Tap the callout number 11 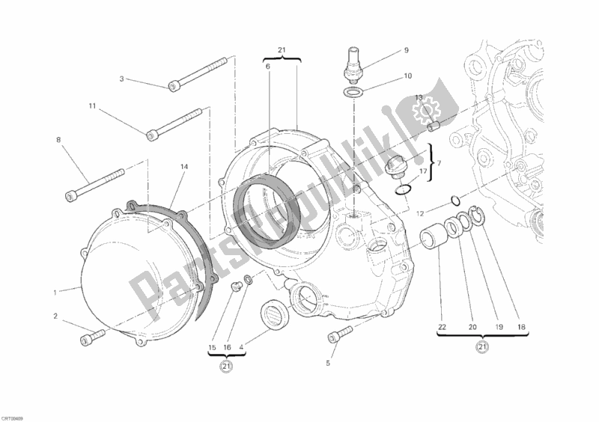pos(93,107)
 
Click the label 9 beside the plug pos(407,51)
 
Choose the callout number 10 pos(407,76)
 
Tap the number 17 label pos(422,171)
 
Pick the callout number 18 pos(520,326)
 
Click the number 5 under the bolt pos(327,364)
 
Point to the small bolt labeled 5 pos(336,333)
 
